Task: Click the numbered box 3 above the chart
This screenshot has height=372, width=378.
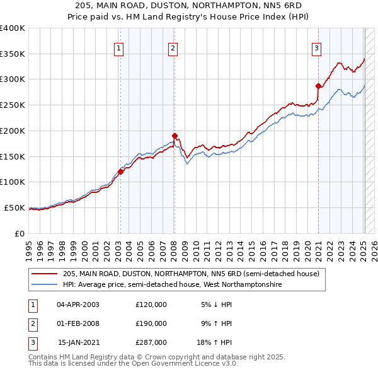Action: [316, 47]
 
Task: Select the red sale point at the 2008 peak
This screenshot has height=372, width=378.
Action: [175, 135]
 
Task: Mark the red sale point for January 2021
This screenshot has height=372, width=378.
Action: [318, 86]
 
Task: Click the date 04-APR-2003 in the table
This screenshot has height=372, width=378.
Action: [77, 305]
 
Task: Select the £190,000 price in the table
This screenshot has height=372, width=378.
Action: [151, 323]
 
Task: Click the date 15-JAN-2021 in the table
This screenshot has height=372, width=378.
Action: [78, 342]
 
